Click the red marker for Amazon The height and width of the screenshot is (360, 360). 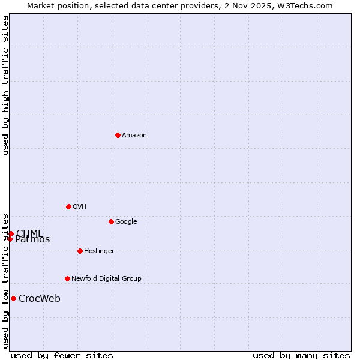pyautogui.click(x=118, y=135)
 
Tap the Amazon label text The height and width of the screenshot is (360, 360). pyautogui.click(x=134, y=136)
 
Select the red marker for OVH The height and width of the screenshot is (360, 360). pyautogui.click(x=68, y=206)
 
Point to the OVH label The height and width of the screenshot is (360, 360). pyautogui.click(x=80, y=207)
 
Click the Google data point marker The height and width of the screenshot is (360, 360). pyautogui.click(x=111, y=221)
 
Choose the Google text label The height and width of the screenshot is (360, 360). pyautogui.click(x=126, y=222)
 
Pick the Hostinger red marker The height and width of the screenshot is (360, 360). pyautogui.click(x=80, y=251)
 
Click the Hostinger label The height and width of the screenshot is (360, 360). pyautogui.click(x=99, y=251)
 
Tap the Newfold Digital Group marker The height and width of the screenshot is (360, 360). pyautogui.click(x=67, y=278)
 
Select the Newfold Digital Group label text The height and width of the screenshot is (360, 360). pyautogui.click(x=106, y=279)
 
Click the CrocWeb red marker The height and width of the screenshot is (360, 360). pyautogui.click(x=13, y=298)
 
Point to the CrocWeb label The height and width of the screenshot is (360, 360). pyautogui.click(x=40, y=299)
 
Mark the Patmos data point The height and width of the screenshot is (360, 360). pyautogui.click(x=10, y=239)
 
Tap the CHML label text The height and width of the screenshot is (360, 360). pyautogui.click(x=29, y=233)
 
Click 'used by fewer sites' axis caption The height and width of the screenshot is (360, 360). pyautogui.click(x=62, y=356)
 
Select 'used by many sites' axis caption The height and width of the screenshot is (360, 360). pyautogui.click(x=301, y=356)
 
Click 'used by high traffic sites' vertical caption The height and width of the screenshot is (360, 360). pyautogui.click(x=5, y=85)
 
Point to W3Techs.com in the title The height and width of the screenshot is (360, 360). pyautogui.click(x=303, y=6)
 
